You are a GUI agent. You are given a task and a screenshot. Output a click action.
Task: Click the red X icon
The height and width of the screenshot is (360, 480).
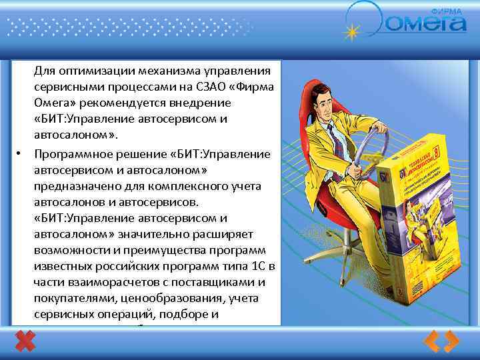coord(25,342)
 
